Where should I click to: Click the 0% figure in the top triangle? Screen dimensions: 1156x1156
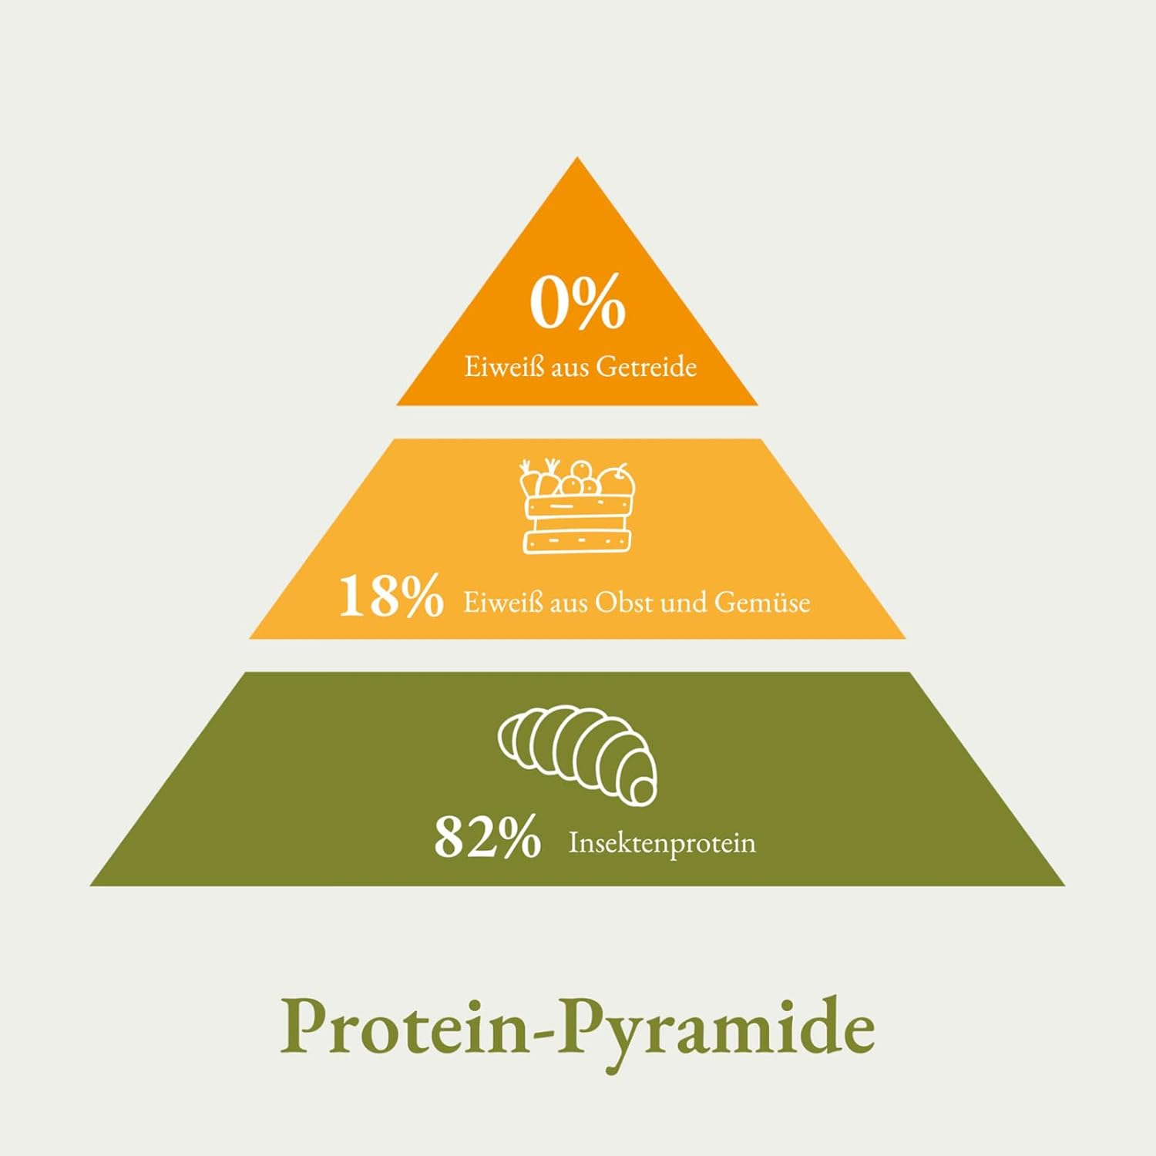[x=577, y=303]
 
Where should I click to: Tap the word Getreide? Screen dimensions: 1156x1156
[x=646, y=367]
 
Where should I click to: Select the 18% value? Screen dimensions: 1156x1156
[x=391, y=596]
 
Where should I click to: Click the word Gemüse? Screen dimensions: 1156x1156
[x=761, y=602]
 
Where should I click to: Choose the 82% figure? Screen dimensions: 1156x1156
[x=487, y=838]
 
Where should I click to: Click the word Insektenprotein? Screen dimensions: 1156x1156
[x=662, y=843]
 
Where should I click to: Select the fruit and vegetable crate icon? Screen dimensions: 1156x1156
[x=578, y=506]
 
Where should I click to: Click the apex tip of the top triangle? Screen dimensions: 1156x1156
[x=577, y=158]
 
